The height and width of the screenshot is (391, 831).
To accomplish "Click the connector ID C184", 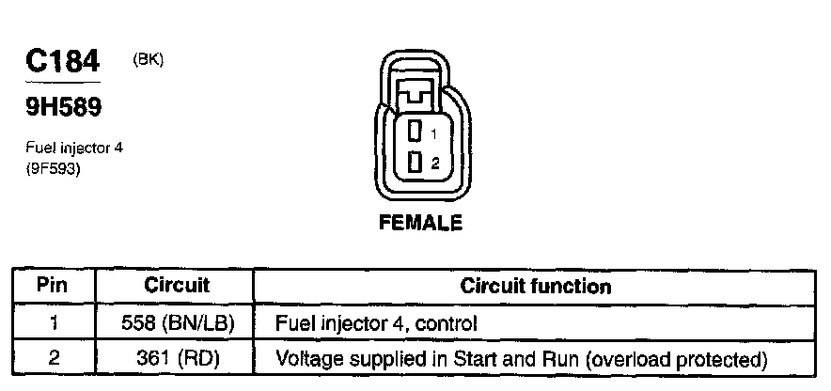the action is (62, 62).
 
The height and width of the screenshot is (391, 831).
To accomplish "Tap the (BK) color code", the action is (149, 59).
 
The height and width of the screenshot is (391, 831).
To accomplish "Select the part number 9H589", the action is (63, 109).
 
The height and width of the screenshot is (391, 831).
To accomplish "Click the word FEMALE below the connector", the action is (420, 224).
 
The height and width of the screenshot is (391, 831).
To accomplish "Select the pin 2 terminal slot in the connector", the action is (415, 164).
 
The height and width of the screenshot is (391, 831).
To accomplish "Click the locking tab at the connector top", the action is (415, 94).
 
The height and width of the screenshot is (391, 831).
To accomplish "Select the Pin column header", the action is (55, 285).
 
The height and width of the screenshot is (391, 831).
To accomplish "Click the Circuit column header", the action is (177, 285).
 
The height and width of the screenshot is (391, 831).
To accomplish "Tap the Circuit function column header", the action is (536, 285).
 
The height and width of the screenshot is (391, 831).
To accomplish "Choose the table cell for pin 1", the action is (55, 323).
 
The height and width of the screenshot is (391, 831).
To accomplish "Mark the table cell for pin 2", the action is (55, 358).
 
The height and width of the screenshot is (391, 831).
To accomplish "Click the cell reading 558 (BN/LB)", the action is (177, 323).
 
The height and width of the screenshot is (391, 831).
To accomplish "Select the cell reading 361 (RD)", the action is (177, 358).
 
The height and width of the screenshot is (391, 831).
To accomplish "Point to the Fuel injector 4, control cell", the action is (376, 323).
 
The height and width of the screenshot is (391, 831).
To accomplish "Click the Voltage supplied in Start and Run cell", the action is (521, 358).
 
